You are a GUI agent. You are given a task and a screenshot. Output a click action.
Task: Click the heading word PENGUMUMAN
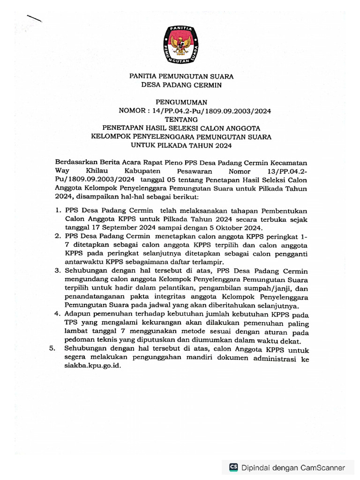[181, 102]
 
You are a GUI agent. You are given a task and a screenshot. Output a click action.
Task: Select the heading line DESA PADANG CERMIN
[181, 85]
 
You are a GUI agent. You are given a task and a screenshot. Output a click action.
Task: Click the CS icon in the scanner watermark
[233, 467]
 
